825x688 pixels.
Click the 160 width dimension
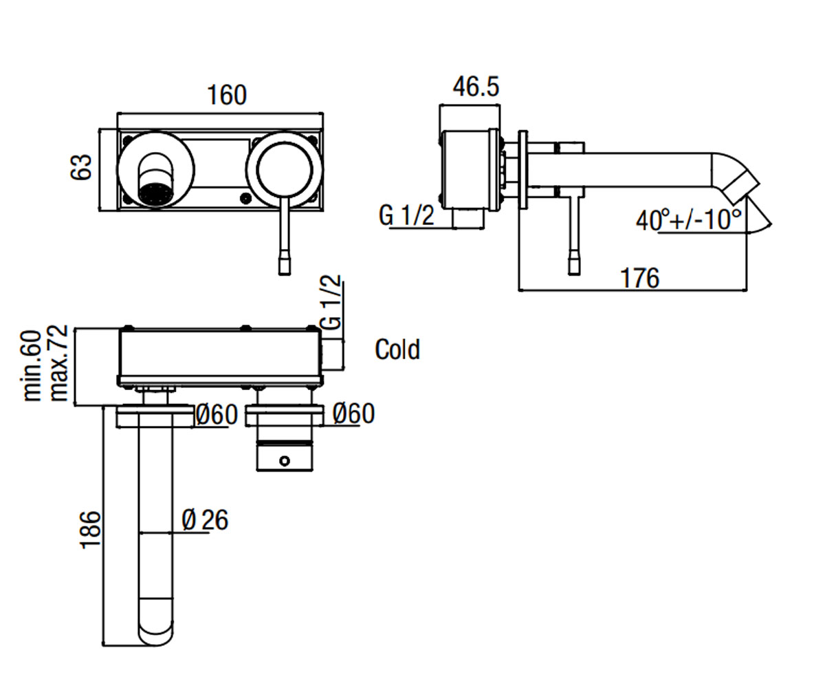click(x=227, y=95)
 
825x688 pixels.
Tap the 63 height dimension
click(x=81, y=168)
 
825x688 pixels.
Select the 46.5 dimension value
click(x=476, y=87)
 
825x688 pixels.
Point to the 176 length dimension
click(x=640, y=279)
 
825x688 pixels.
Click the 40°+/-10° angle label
click(x=688, y=220)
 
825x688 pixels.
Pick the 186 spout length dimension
click(x=91, y=530)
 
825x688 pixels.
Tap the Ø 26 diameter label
click(x=205, y=520)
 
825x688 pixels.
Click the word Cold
click(x=397, y=350)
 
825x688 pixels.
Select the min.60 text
click(x=33, y=366)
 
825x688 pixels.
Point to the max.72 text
click(x=59, y=363)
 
